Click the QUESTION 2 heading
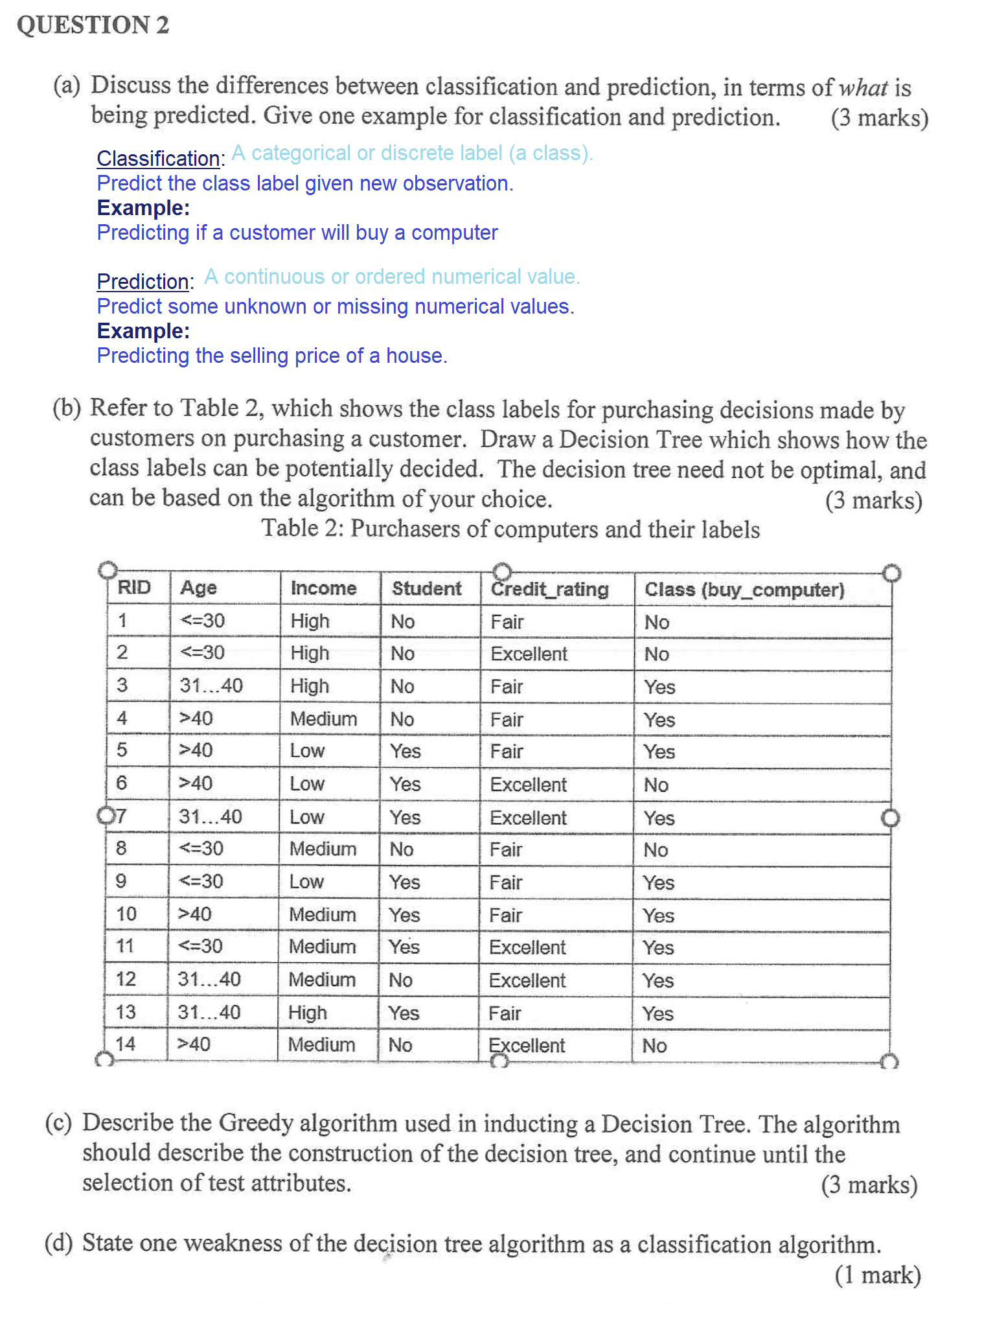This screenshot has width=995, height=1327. pos(93,25)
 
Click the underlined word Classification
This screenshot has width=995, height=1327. pos(158,158)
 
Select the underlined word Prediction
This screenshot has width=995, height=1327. pos(143,281)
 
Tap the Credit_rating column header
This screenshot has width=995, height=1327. pos(549,589)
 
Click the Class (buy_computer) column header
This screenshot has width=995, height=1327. pos(744,590)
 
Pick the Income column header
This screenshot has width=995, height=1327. pos(323,588)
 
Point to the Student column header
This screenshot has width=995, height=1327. pos(426,588)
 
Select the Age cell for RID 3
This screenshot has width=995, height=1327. pos(211,686)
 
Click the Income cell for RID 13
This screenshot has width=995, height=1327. pos(308,1012)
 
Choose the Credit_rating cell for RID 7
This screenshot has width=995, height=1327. pos(528,818)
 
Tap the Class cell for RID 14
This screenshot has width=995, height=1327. pos(654,1045)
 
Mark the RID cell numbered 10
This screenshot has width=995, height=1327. pos(126,914)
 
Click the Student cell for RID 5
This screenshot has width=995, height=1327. pos(406,751)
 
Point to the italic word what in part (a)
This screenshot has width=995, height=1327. pos(863,87)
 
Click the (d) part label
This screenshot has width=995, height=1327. pos(58,1242)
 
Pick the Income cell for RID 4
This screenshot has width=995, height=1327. pos(323,719)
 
